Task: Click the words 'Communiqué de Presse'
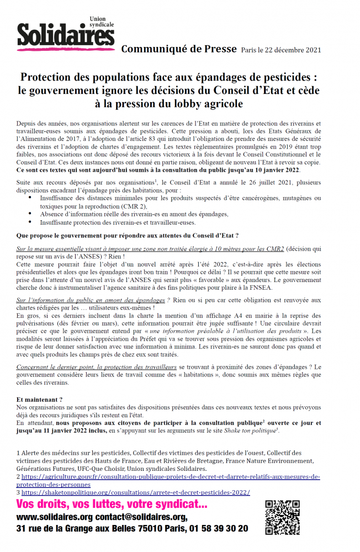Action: pyautogui.click(x=178, y=49)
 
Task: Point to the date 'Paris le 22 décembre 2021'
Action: pyautogui.click(x=281, y=50)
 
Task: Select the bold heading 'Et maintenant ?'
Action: pyautogui.click(x=39, y=399)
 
